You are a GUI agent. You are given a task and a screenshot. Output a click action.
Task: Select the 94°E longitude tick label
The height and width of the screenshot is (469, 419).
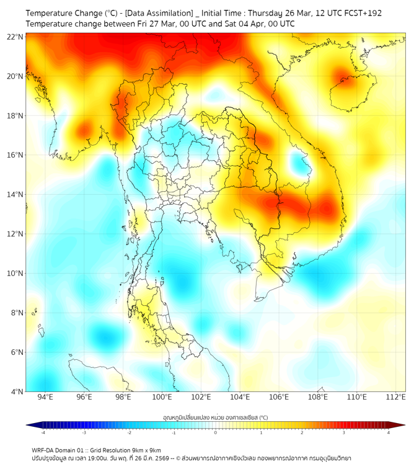(x=45, y=397)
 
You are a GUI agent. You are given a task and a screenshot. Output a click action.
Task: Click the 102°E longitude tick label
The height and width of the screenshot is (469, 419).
(x=201, y=397)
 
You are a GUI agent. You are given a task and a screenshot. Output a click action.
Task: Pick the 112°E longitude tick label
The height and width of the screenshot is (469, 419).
(x=395, y=397)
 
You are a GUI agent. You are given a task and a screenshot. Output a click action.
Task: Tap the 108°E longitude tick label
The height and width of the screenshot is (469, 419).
(x=317, y=397)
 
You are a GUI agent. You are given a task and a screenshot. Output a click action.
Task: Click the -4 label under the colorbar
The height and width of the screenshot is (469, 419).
(x=43, y=432)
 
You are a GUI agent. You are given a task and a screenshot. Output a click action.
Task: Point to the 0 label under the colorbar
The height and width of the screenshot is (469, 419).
(x=216, y=432)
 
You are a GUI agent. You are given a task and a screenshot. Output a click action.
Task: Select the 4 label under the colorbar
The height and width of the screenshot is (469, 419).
(x=388, y=432)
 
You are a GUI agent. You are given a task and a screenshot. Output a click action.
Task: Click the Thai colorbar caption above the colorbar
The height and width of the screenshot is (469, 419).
(x=215, y=417)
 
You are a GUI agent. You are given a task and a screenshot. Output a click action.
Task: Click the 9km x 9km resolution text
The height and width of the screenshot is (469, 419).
(x=147, y=450)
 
